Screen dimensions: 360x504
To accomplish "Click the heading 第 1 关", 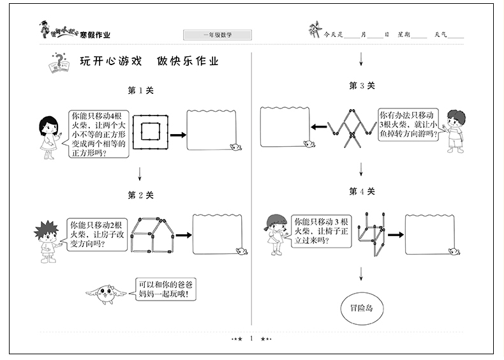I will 141,91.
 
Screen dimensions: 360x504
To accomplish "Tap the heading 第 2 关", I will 141,195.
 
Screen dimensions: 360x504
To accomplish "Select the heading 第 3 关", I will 362,85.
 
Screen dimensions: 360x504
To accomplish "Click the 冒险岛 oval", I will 362,307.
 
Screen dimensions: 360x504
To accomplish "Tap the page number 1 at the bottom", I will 251,338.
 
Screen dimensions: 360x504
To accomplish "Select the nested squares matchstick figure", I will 151,135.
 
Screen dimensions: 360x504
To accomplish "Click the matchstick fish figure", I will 349,126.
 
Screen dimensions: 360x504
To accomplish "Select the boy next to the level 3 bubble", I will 455,130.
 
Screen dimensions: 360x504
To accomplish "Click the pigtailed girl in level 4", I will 276,233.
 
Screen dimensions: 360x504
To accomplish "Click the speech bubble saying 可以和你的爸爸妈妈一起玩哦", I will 165,290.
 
